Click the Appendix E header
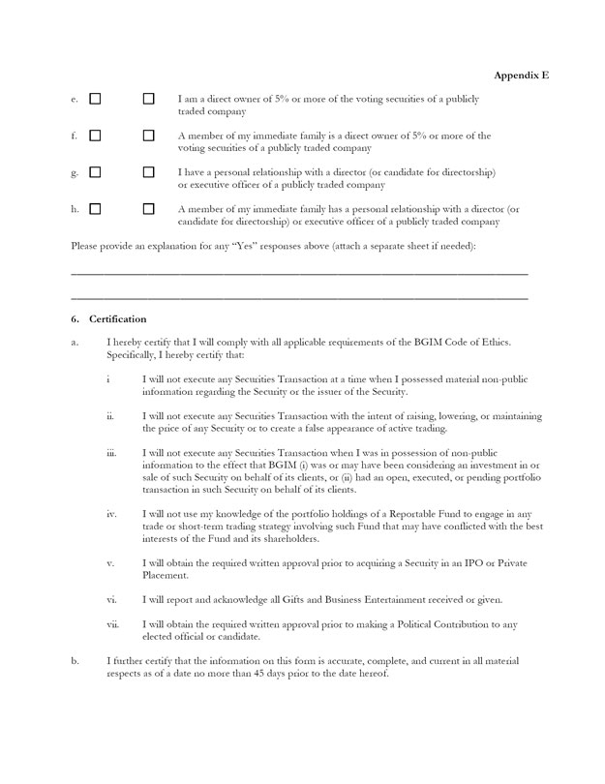coord(522,75)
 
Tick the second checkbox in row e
coord(148,100)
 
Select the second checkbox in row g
coord(148,172)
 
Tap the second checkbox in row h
coord(148,209)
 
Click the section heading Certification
coord(118,318)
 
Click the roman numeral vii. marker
coord(112,624)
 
